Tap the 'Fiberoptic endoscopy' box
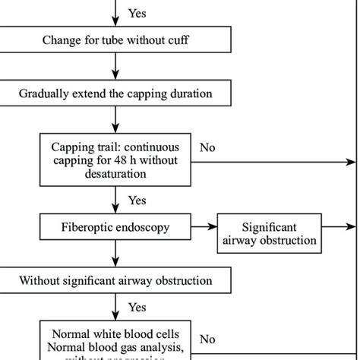click(x=115, y=226)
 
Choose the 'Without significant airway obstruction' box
click(x=115, y=280)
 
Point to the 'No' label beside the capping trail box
click(x=207, y=147)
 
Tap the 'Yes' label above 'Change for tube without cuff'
click(x=137, y=13)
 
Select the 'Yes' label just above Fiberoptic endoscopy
click(x=137, y=201)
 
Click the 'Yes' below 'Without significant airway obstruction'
click(x=137, y=308)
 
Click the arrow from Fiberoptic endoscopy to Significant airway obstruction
click(x=204, y=226)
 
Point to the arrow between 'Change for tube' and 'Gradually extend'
click(x=115, y=69)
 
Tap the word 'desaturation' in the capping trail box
click(x=115, y=173)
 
